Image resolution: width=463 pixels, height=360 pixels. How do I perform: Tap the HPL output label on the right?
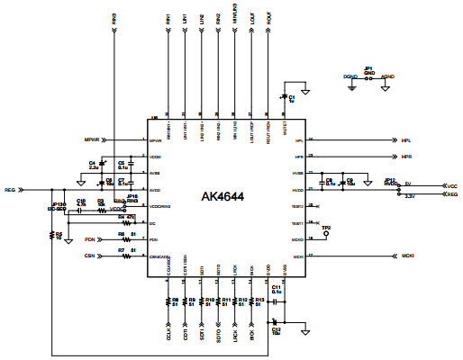(x=406, y=140)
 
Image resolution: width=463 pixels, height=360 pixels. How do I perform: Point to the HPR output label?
(x=406, y=157)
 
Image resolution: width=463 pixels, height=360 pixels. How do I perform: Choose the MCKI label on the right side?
(x=408, y=256)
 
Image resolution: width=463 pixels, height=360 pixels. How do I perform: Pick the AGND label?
(x=386, y=78)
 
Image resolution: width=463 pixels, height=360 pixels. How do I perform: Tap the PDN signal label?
(x=89, y=239)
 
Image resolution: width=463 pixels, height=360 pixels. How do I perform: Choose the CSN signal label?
(x=89, y=256)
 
